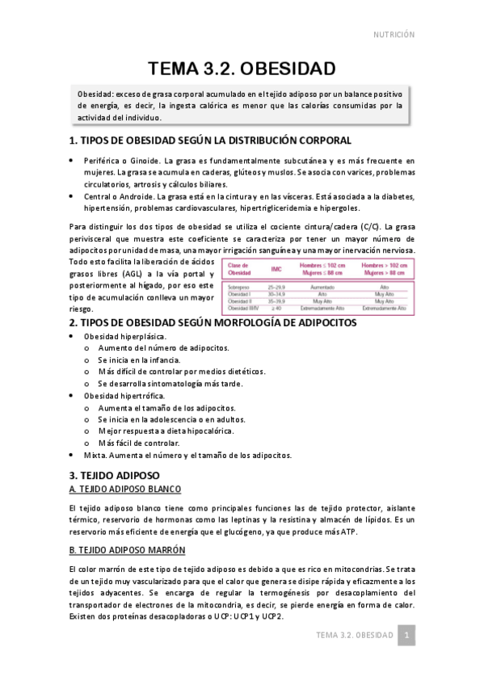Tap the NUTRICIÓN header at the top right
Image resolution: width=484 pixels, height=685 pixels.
click(394, 35)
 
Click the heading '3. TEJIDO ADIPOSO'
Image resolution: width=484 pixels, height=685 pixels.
click(115, 475)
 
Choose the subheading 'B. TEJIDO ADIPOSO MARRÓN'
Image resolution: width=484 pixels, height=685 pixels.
click(128, 550)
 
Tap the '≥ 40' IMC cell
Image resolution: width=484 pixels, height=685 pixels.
click(276, 308)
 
